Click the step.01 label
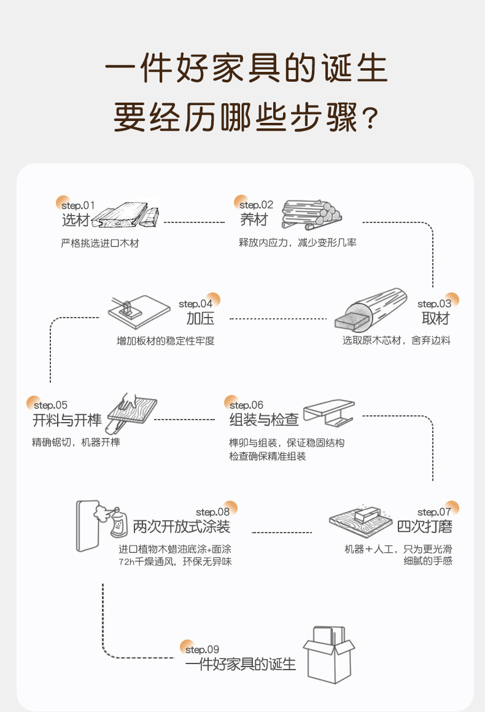(78, 205)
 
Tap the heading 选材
(76, 220)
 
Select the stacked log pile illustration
(310, 214)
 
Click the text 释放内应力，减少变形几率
(298, 243)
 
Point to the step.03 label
(434, 303)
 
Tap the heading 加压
(200, 318)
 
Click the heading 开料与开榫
(67, 420)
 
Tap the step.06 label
(246, 405)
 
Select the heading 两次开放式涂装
(182, 526)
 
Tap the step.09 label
(202, 649)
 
